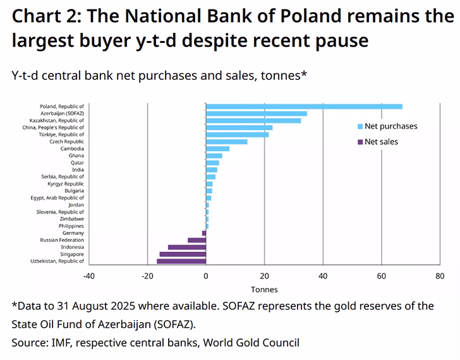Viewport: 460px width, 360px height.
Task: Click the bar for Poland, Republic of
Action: coord(304,106)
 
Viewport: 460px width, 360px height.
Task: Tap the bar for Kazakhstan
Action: coord(253,121)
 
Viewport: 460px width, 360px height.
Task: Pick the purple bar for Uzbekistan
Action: coord(181,261)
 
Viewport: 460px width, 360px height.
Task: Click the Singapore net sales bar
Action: coord(183,254)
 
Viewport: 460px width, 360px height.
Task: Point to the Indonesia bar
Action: coord(187,247)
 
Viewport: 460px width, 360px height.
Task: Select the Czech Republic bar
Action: coord(226,141)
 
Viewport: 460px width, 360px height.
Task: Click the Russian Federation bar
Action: coord(197,240)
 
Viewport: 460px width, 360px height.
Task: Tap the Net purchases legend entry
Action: coord(390,126)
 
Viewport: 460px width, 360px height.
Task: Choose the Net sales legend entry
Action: coord(381,141)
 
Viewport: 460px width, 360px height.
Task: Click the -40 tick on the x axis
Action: coord(88,276)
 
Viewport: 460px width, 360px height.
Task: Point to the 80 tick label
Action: coord(440,276)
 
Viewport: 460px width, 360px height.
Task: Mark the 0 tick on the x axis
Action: coord(206,276)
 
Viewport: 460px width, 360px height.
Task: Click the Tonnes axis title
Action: coord(264,290)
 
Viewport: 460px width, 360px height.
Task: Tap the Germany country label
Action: coord(73,233)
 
